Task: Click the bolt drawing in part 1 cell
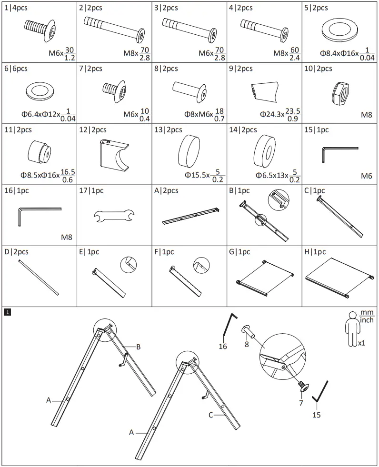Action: coord(41,27)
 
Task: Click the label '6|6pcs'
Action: coord(16,69)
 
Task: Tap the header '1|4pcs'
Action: coord(16,8)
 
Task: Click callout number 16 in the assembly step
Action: coord(223,346)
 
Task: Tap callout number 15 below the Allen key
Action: coord(316,415)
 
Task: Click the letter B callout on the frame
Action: coord(138,347)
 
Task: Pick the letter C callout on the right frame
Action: coord(210,415)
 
